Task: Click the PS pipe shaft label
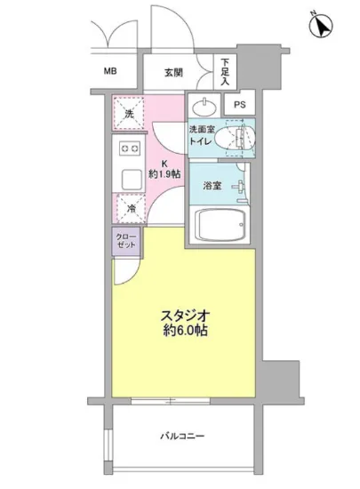pos(238,104)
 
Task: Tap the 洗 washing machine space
pos(129,113)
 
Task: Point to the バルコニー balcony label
pos(183,436)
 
